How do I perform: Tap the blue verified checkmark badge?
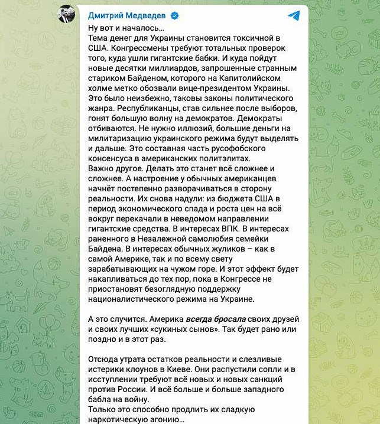pos(175,16)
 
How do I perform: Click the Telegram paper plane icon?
pos(293,15)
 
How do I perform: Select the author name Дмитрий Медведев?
pos(127,16)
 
